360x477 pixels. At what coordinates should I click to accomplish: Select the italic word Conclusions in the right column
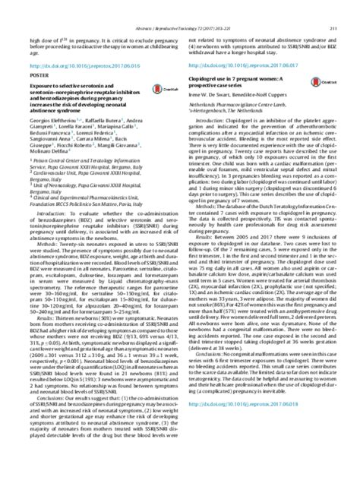tap(213, 396)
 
